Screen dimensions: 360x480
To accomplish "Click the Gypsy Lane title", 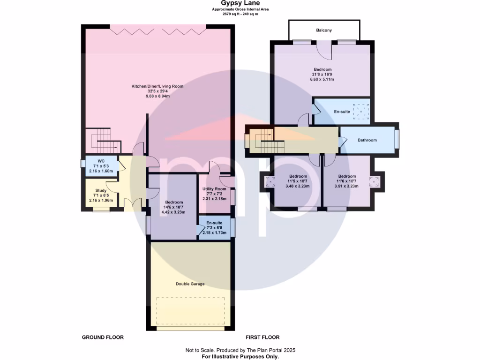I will pyautogui.click(x=240, y=4).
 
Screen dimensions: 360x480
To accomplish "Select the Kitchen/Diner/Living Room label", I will pyautogui.click(x=157, y=86).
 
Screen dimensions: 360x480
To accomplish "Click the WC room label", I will pyautogui.click(x=101, y=161).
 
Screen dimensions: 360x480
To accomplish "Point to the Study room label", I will pyautogui.click(x=101, y=191).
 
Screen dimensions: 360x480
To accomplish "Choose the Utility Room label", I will pyautogui.click(x=214, y=189).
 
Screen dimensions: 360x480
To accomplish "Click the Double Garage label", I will pyautogui.click(x=190, y=284).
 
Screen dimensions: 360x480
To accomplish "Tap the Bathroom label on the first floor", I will pyautogui.click(x=367, y=140).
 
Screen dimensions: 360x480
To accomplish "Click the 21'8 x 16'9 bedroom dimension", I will pyautogui.click(x=323, y=75).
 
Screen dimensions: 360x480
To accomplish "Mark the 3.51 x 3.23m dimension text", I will pyautogui.click(x=347, y=186).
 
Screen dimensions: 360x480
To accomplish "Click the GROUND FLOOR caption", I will pyautogui.click(x=103, y=337).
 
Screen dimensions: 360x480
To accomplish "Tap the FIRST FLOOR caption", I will pyautogui.click(x=262, y=337).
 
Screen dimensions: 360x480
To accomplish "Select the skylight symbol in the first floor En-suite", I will pyautogui.click(x=361, y=111).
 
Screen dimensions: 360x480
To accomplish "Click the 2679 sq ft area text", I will pyautogui.click(x=240, y=14).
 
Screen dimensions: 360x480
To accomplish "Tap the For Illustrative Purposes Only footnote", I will pyautogui.click(x=240, y=357).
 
